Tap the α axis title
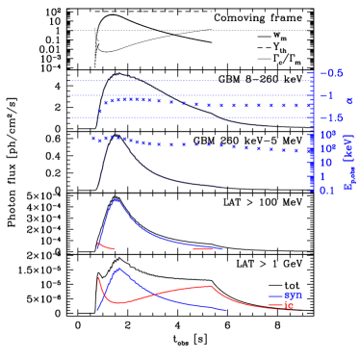click(x=348, y=100)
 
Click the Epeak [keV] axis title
click(x=349, y=162)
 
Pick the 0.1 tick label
click(x=327, y=191)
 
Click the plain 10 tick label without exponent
click(x=325, y=163)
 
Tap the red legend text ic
click(x=289, y=305)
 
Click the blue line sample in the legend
click(x=275, y=295)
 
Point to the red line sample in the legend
click(x=275, y=305)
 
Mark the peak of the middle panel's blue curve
click(x=116, y=200)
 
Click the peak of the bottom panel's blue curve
click(x=118, y=269)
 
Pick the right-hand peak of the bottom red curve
click(x=210, y=286)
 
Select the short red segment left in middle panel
click(x=106, y=247)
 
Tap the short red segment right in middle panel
click(x=202, y=248)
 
